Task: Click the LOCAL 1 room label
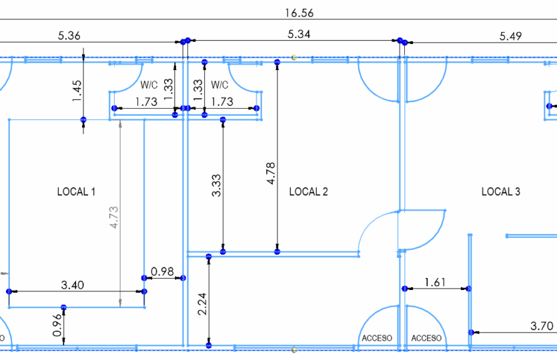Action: pyautogui.click(x=76, y=192)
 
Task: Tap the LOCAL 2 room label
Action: pyautogui.click(x=308, y=192)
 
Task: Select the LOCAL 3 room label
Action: pyautogui.click(x=500, y=192)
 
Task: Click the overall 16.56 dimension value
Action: pyautogui.click(x=299, y=13)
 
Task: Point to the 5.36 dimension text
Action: pyautogui.click(x=69, y=36)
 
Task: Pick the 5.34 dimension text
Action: pyautogui.click(x=299, y=35)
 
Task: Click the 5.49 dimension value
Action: pyautogui.click(x=510, y=36)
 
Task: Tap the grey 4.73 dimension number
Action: pyautogui.click(x=114, y=217)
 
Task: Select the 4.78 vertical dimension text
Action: pyautogui.click(x=271, y=173)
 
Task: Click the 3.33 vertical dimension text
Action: pyautogui.click(x=216, y=185)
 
